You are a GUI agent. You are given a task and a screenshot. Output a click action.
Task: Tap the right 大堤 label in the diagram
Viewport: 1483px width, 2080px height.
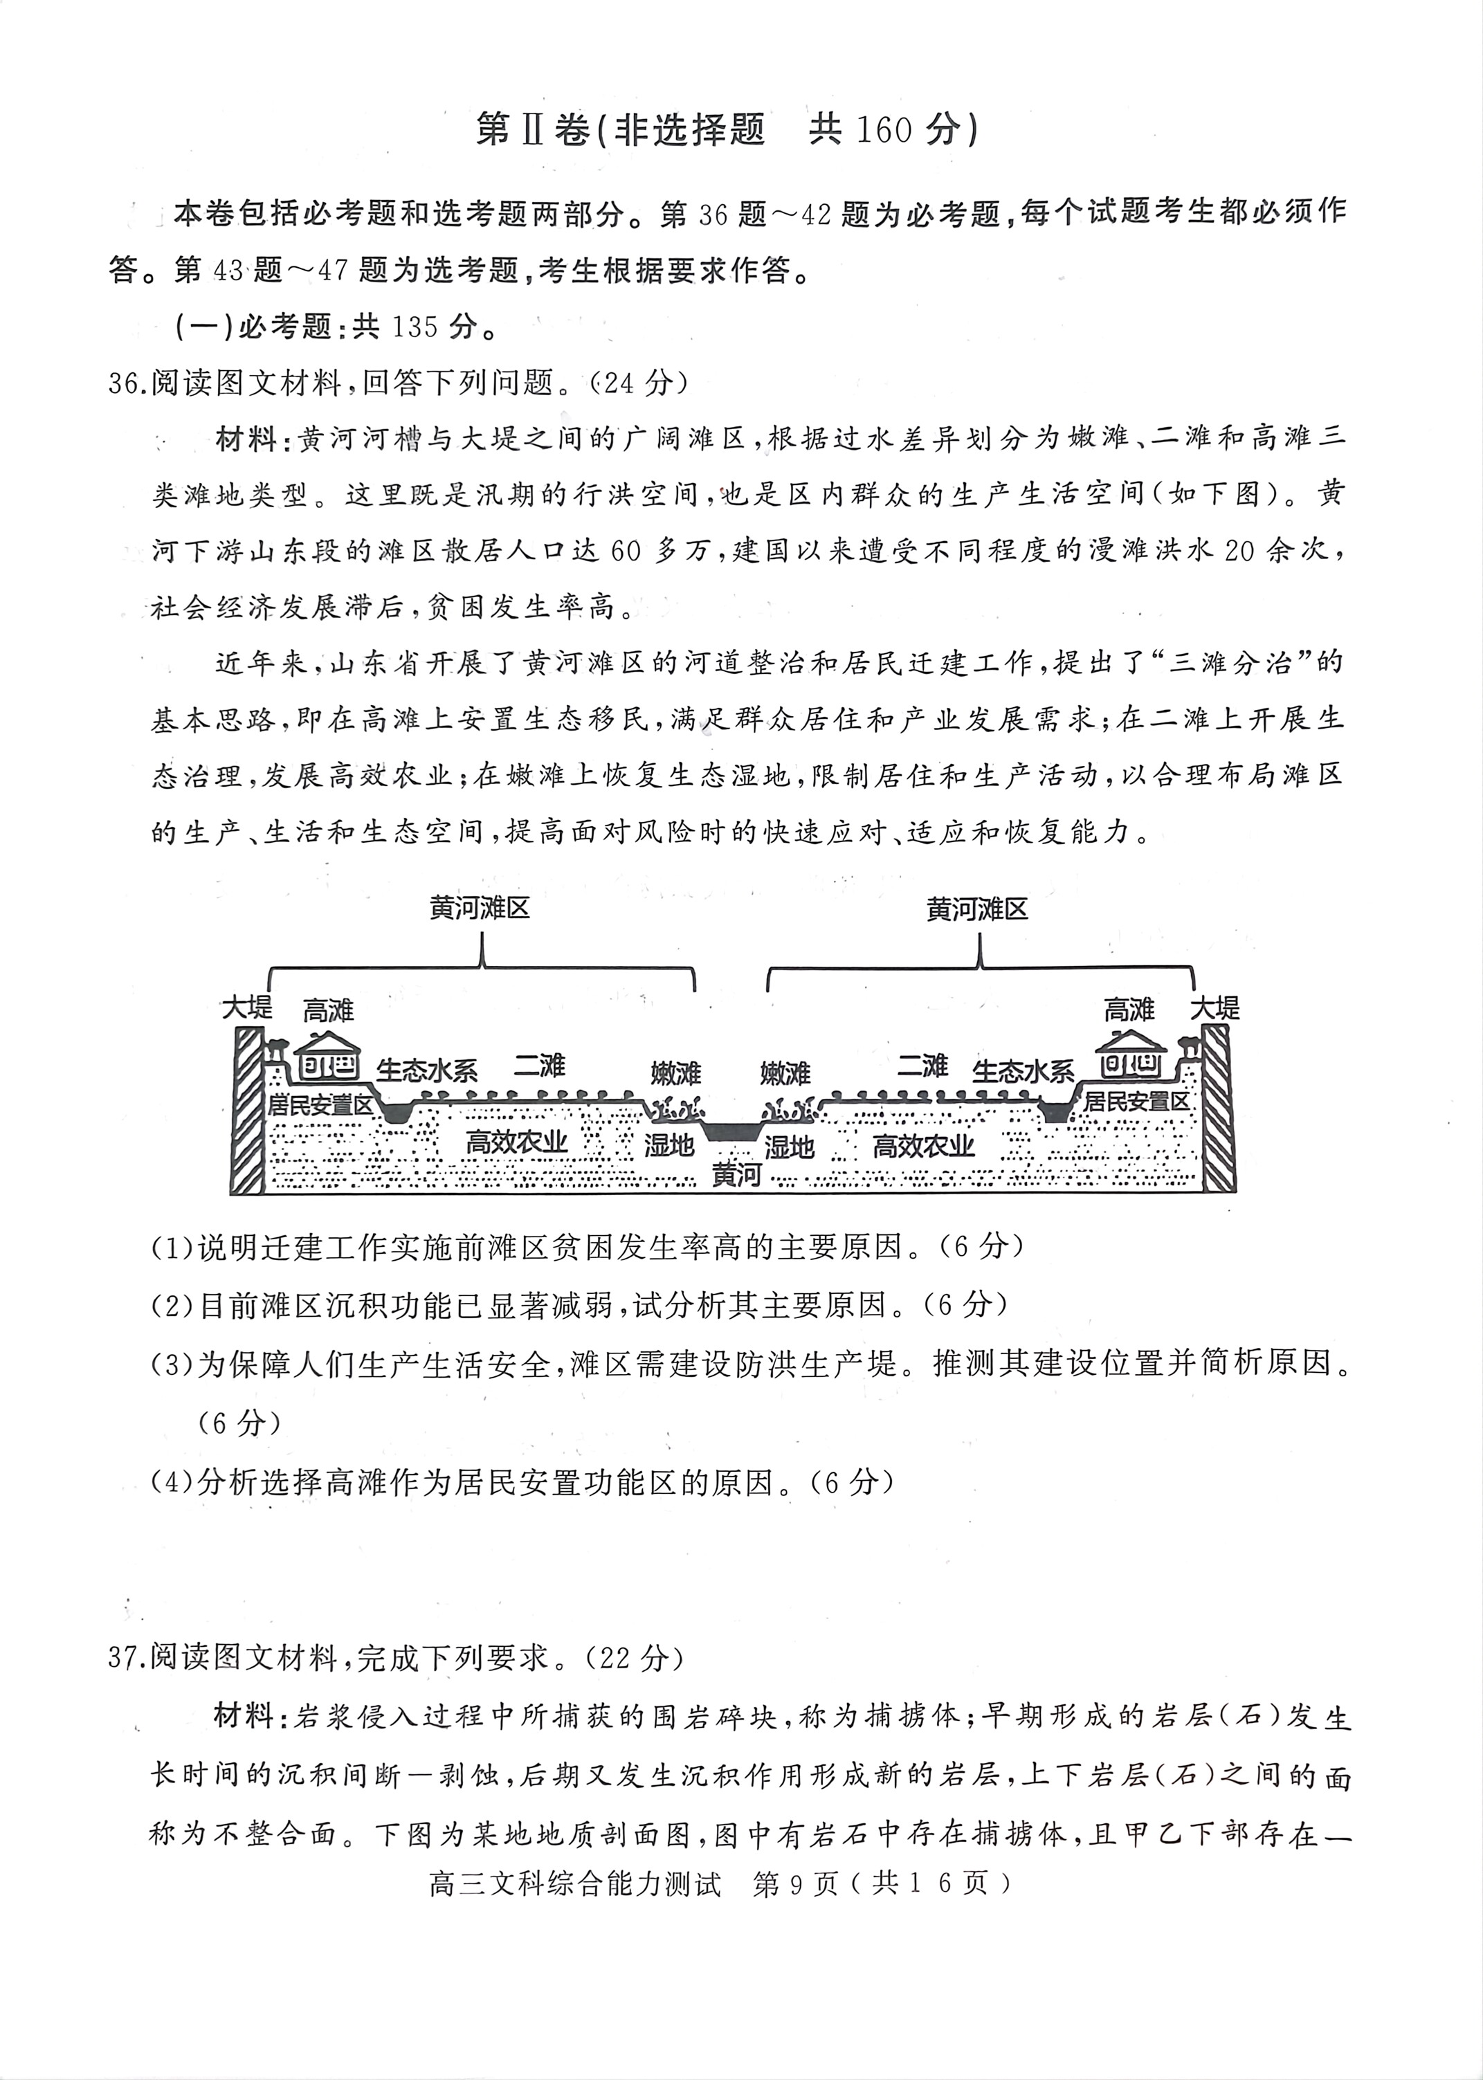coord(1214,1008)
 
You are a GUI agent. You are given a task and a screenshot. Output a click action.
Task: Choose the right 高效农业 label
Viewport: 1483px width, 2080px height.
coord(923,1146)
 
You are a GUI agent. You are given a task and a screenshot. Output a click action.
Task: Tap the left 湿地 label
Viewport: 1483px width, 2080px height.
coord(668,1145)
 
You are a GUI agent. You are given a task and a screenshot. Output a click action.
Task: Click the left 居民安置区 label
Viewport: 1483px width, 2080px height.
coord(320,1106)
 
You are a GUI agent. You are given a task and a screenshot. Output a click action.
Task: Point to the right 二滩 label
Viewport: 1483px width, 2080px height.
coord(922,1065)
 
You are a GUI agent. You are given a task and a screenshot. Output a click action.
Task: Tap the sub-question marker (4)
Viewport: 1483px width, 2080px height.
coord(172,1482)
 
